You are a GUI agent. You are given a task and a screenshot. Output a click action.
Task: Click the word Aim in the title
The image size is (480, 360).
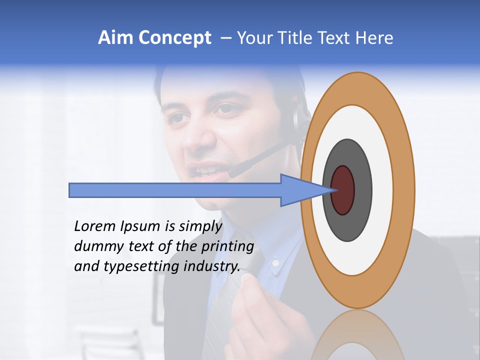[x=115, y=38]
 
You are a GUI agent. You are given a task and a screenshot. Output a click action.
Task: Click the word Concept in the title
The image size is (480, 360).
[x=174, y=38]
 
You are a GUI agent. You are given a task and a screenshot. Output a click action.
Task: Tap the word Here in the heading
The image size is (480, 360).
[x=374, y=38]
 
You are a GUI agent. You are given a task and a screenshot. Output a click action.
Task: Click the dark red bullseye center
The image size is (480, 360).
[x=343, y=190]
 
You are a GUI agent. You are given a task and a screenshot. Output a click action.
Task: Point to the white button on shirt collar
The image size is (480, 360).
[x=275, y=262]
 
